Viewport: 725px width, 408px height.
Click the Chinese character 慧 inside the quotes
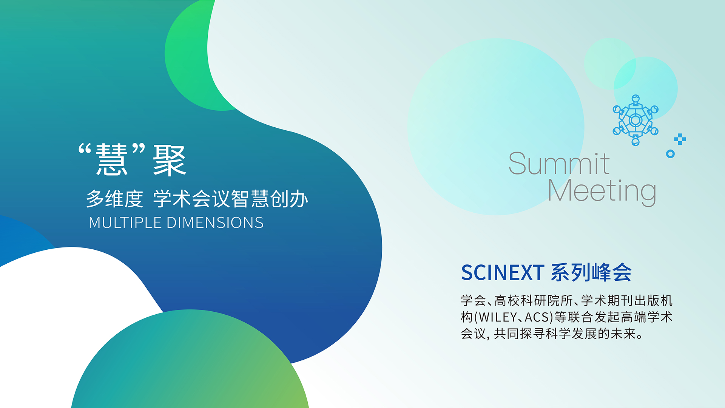pos(112,160)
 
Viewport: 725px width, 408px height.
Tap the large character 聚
pos(170,161)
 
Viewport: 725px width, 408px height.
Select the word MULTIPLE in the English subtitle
pos(125,223)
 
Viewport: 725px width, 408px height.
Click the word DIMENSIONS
pos(215,223)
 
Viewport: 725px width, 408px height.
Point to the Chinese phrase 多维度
pos(115,199)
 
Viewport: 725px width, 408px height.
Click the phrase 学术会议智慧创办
pos(231,199)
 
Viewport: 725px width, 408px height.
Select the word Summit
pos(559,164)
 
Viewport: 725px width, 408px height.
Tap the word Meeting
pos(602,192)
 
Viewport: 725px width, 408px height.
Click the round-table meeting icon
pos(636,120)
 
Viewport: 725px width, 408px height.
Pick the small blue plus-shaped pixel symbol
pos(680,139)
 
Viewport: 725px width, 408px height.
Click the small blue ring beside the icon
pos(670,154)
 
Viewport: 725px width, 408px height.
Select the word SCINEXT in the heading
pos(503,273)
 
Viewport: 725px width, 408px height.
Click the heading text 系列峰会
pos(591,272)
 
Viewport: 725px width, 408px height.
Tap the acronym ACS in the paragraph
pos(537,317)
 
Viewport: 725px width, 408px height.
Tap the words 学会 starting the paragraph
pos(474,300)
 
